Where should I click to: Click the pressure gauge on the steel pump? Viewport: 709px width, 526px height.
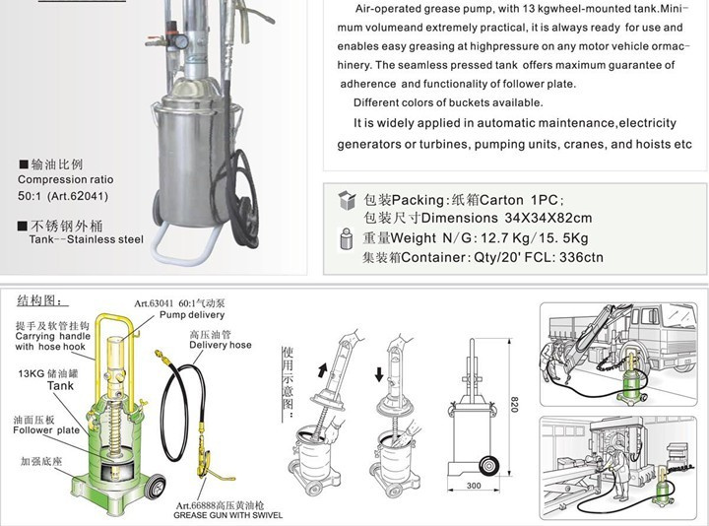182,41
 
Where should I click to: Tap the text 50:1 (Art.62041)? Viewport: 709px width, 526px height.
63,196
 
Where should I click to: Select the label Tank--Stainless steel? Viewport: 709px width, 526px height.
87,239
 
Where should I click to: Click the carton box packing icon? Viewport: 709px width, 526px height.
348,200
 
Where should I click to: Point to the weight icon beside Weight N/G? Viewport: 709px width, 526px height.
346,238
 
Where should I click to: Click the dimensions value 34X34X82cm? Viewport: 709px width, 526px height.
548,218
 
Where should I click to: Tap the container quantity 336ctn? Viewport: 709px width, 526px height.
581,257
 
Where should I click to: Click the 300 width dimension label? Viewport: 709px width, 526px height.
474,486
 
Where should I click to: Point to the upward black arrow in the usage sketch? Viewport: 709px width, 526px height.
322,370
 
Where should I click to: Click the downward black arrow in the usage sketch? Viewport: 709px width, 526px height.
379,374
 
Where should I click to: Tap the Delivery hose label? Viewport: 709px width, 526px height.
221,345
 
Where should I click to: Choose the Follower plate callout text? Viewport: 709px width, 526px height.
46,430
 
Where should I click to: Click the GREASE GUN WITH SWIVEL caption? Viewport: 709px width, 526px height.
227,515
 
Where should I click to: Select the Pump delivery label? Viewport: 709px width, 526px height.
192,315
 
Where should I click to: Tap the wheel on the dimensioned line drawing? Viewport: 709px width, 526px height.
488,466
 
